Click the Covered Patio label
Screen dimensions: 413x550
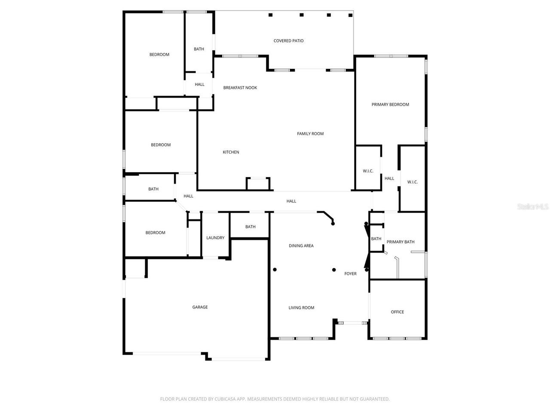point(288,41)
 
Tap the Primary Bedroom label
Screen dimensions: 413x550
point(390,105)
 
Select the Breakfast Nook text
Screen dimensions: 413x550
point(240,88)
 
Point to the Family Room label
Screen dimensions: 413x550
point(310,134)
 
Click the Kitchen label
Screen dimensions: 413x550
point(231,152)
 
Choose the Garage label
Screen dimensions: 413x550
point(200,307)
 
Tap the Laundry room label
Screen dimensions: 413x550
point(215,238)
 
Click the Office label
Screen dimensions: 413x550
point(397,312)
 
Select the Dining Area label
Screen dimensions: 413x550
point(301,246)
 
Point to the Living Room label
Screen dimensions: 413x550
point(301,308)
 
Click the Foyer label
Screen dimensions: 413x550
point(350,274)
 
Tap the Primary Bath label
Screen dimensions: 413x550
point(400,242)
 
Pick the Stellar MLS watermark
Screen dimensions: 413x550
point(533,207)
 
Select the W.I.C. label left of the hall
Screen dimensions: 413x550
point(368,171)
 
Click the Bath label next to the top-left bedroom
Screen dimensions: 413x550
point(199,49)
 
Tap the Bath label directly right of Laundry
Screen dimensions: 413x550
point(250,227)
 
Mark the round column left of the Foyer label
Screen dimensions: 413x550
point(334,270)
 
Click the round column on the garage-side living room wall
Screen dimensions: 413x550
point(275,270)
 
